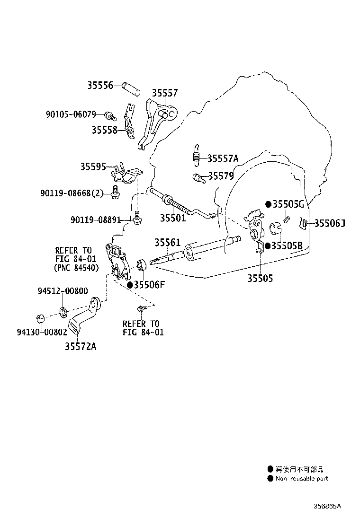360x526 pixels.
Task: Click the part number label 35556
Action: coord(100,85)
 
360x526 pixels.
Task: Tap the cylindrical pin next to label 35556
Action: coord(131,88)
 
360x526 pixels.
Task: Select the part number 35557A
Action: coord(223,158)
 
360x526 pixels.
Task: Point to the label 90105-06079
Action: coord(71,115)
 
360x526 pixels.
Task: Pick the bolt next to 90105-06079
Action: coord(110,116)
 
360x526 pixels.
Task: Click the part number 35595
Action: coord(93,167)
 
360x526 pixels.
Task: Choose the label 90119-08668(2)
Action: coord(72,193)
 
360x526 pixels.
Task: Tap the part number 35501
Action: coord(172,218)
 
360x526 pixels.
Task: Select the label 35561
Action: coord(167,242)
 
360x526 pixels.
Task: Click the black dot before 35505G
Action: coord(268,204)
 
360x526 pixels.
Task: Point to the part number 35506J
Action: coord(329,223)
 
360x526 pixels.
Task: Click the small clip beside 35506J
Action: coord(304,224)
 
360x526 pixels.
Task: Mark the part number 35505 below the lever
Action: coord(260,278)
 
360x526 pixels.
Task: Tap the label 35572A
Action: coord(81,346)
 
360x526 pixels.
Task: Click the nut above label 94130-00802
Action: coord(41,318)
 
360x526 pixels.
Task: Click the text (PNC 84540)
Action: coord(76,268)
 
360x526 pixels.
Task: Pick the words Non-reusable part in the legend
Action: coord(302,478)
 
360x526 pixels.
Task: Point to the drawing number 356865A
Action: coord(327,506)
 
